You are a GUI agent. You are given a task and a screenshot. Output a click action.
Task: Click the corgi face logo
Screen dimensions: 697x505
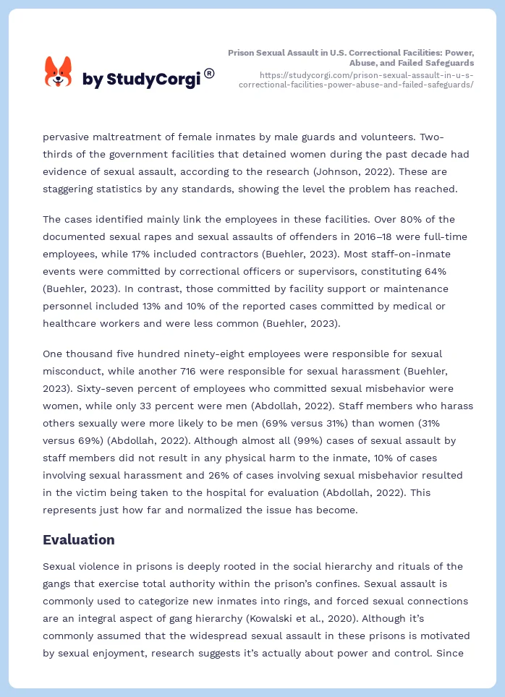tap(59, 72)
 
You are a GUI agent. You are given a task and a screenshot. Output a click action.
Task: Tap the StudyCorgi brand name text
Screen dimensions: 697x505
tap(141, 80)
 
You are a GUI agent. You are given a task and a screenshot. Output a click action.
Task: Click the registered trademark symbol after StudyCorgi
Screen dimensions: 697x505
tap(209, 73)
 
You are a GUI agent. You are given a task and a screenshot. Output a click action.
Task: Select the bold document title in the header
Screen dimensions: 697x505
tap(351, 58)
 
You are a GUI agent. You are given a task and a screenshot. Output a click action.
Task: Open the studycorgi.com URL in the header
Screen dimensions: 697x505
tap(356, 80)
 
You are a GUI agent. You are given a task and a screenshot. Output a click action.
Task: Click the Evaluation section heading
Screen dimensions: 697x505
tap(78, 539)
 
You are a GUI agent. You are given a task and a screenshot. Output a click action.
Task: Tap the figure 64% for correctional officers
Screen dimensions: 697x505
tap(456, 271)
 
